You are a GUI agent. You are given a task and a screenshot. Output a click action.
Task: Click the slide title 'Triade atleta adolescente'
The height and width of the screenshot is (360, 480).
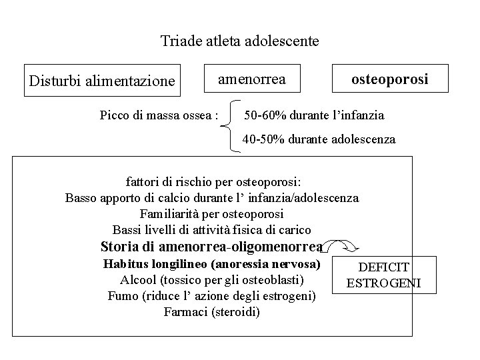click(239, 41)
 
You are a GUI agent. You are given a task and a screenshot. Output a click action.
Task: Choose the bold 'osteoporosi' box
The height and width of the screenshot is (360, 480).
click(391, 80)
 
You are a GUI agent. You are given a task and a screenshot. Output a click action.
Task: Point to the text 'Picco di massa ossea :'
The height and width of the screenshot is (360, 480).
click(159, 115)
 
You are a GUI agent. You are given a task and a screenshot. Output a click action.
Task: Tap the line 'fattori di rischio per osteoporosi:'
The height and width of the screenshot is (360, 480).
click(213, 181)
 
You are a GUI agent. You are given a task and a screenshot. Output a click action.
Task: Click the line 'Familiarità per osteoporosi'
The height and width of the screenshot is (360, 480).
click(211, 214)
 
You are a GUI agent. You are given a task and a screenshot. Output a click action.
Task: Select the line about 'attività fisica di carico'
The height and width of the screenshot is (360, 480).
click(211, 230)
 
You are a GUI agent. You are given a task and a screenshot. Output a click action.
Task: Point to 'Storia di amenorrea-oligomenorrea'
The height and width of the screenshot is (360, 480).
click(211, 246)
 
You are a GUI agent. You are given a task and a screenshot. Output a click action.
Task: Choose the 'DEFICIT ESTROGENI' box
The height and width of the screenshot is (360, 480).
click(383, 275)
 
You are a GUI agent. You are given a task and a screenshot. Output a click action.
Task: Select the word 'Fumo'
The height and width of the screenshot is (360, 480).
click(122, 295)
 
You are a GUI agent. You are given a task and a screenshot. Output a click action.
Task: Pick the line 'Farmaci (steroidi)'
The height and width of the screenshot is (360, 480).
click(211, 311)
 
